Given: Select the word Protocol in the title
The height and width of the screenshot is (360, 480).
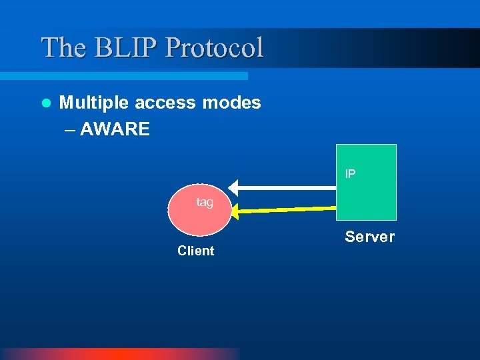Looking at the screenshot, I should (x=214, y=47).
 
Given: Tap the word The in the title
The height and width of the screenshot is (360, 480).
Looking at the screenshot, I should (x=63, y=47).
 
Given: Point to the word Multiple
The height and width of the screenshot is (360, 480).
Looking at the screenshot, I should (x=94, y=103).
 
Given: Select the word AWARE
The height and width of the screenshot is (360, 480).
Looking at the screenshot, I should (x=115, y=129).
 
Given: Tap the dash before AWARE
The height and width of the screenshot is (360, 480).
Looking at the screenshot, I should (x=71, y=129).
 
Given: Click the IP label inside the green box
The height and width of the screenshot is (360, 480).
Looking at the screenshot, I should (x=350, y=174).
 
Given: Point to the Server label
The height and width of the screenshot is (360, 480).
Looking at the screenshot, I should (x=369, y=237).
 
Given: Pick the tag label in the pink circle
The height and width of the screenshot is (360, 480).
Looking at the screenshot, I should (x=205, y=202).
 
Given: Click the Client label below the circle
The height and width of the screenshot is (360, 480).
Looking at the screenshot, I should (x=195, y=251).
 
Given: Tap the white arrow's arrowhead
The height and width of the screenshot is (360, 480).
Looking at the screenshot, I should (x=233, y=187).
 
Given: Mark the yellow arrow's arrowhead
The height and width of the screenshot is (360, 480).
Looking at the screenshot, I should (x=237, y=212).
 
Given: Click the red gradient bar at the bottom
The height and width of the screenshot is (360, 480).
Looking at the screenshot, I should (x=120, y=354).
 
